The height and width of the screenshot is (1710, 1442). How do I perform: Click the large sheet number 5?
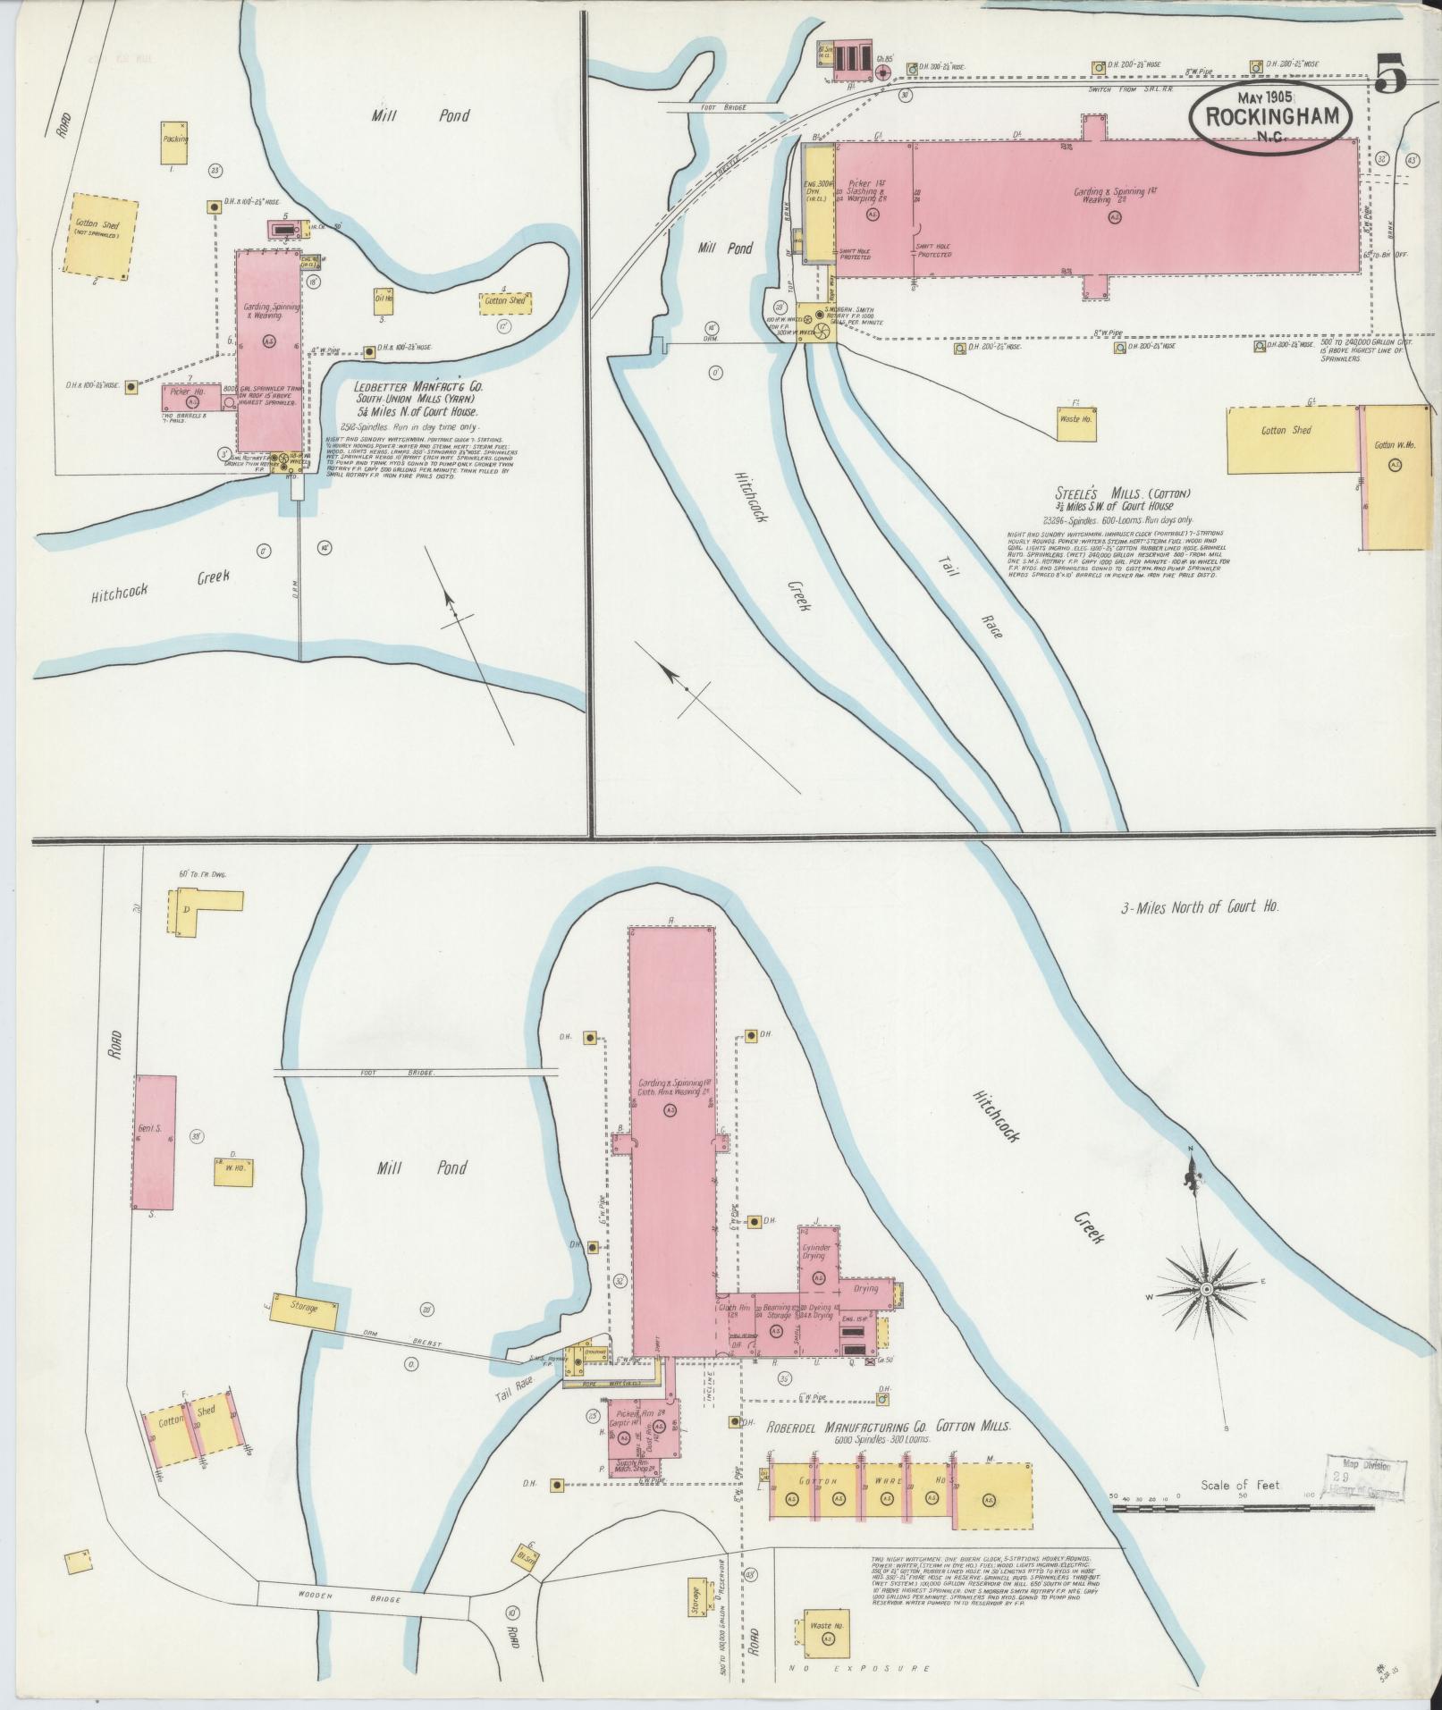pyautogui.click(x=1390, y=73)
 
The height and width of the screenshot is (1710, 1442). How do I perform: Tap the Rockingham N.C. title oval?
pyautogui.click(x=1270, y=118)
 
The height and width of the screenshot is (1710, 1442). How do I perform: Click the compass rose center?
pyautogui.click(x=1206, y=1289)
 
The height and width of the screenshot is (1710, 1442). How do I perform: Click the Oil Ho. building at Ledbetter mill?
pyautogui.click(x=384, y=300)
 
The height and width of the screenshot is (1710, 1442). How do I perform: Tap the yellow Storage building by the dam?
pyautogui.click(x=304, y=1309)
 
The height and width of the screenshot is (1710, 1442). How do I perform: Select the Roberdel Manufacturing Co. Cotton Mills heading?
pyautogui.click(x=889, y=1428)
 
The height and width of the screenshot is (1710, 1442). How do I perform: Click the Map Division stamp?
pyautogui.click(x=1367, y=1485)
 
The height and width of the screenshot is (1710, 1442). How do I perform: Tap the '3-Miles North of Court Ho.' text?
pyautogui.click(x=1200, y=906)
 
